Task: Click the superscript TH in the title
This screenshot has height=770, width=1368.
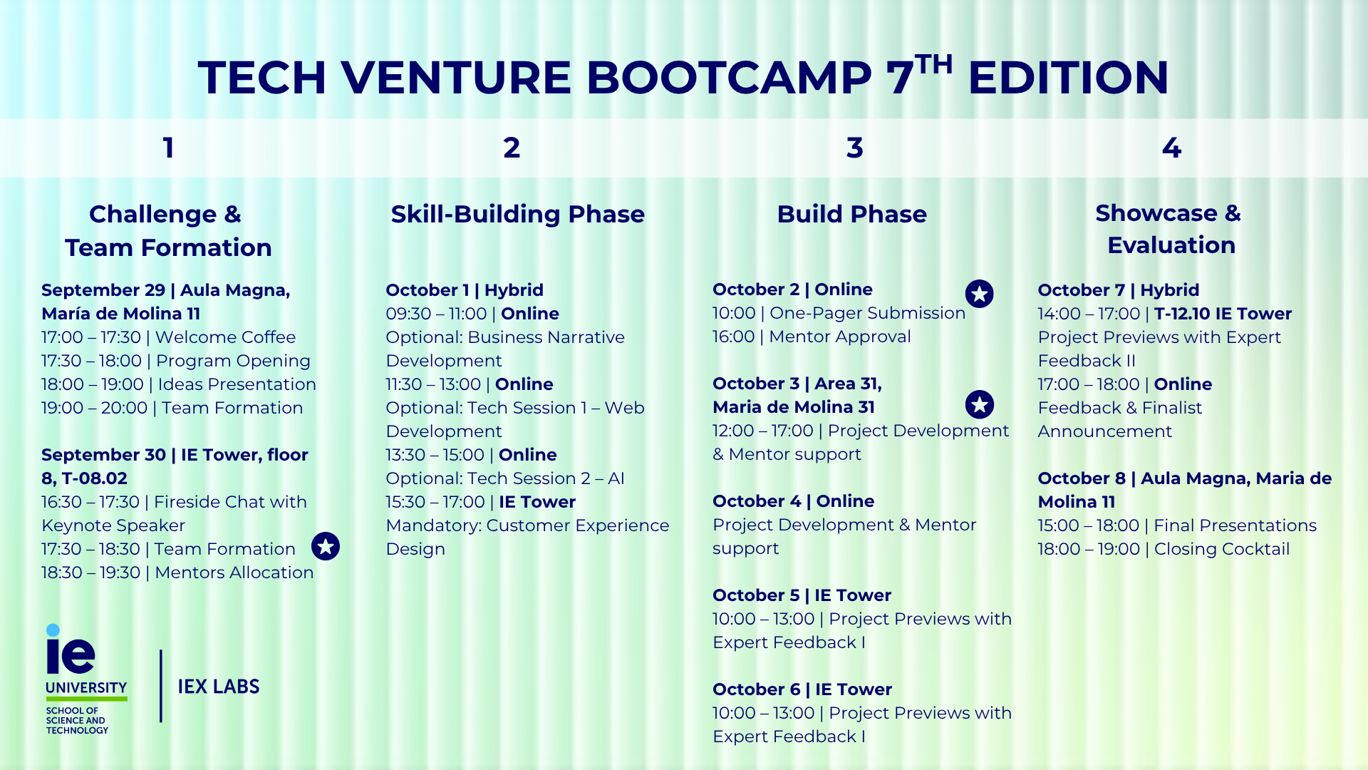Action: point(933,64)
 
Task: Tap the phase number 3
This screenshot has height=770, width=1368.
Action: point(854,148)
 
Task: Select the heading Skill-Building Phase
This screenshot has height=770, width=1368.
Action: point(518,214)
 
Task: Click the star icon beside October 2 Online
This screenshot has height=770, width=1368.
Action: point(980,294)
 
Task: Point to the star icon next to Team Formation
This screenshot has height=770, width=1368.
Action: point(326,546)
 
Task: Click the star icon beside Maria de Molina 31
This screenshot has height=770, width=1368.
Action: point(980,404)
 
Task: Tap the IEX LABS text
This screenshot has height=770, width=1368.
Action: point(219,687)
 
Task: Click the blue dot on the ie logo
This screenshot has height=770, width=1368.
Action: point(53,630)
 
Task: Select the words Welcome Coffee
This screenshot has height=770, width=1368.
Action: point(225,337)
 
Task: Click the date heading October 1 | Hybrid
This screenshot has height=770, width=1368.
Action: point(465,290)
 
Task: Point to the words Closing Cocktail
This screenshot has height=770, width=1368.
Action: point(1222,549)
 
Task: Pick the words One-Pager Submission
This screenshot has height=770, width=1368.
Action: point(868,313)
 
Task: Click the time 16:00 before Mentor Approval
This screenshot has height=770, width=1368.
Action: point(734,337)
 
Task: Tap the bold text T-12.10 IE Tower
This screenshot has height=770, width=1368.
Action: point(1223,314)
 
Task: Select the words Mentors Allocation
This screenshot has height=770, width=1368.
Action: point(234,573)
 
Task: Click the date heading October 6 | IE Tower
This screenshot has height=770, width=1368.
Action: point(802,689)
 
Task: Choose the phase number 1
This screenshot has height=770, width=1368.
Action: point(168,148)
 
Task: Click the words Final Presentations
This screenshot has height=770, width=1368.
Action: point(1235,525)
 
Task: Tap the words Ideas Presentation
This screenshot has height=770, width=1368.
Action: point(237,384)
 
